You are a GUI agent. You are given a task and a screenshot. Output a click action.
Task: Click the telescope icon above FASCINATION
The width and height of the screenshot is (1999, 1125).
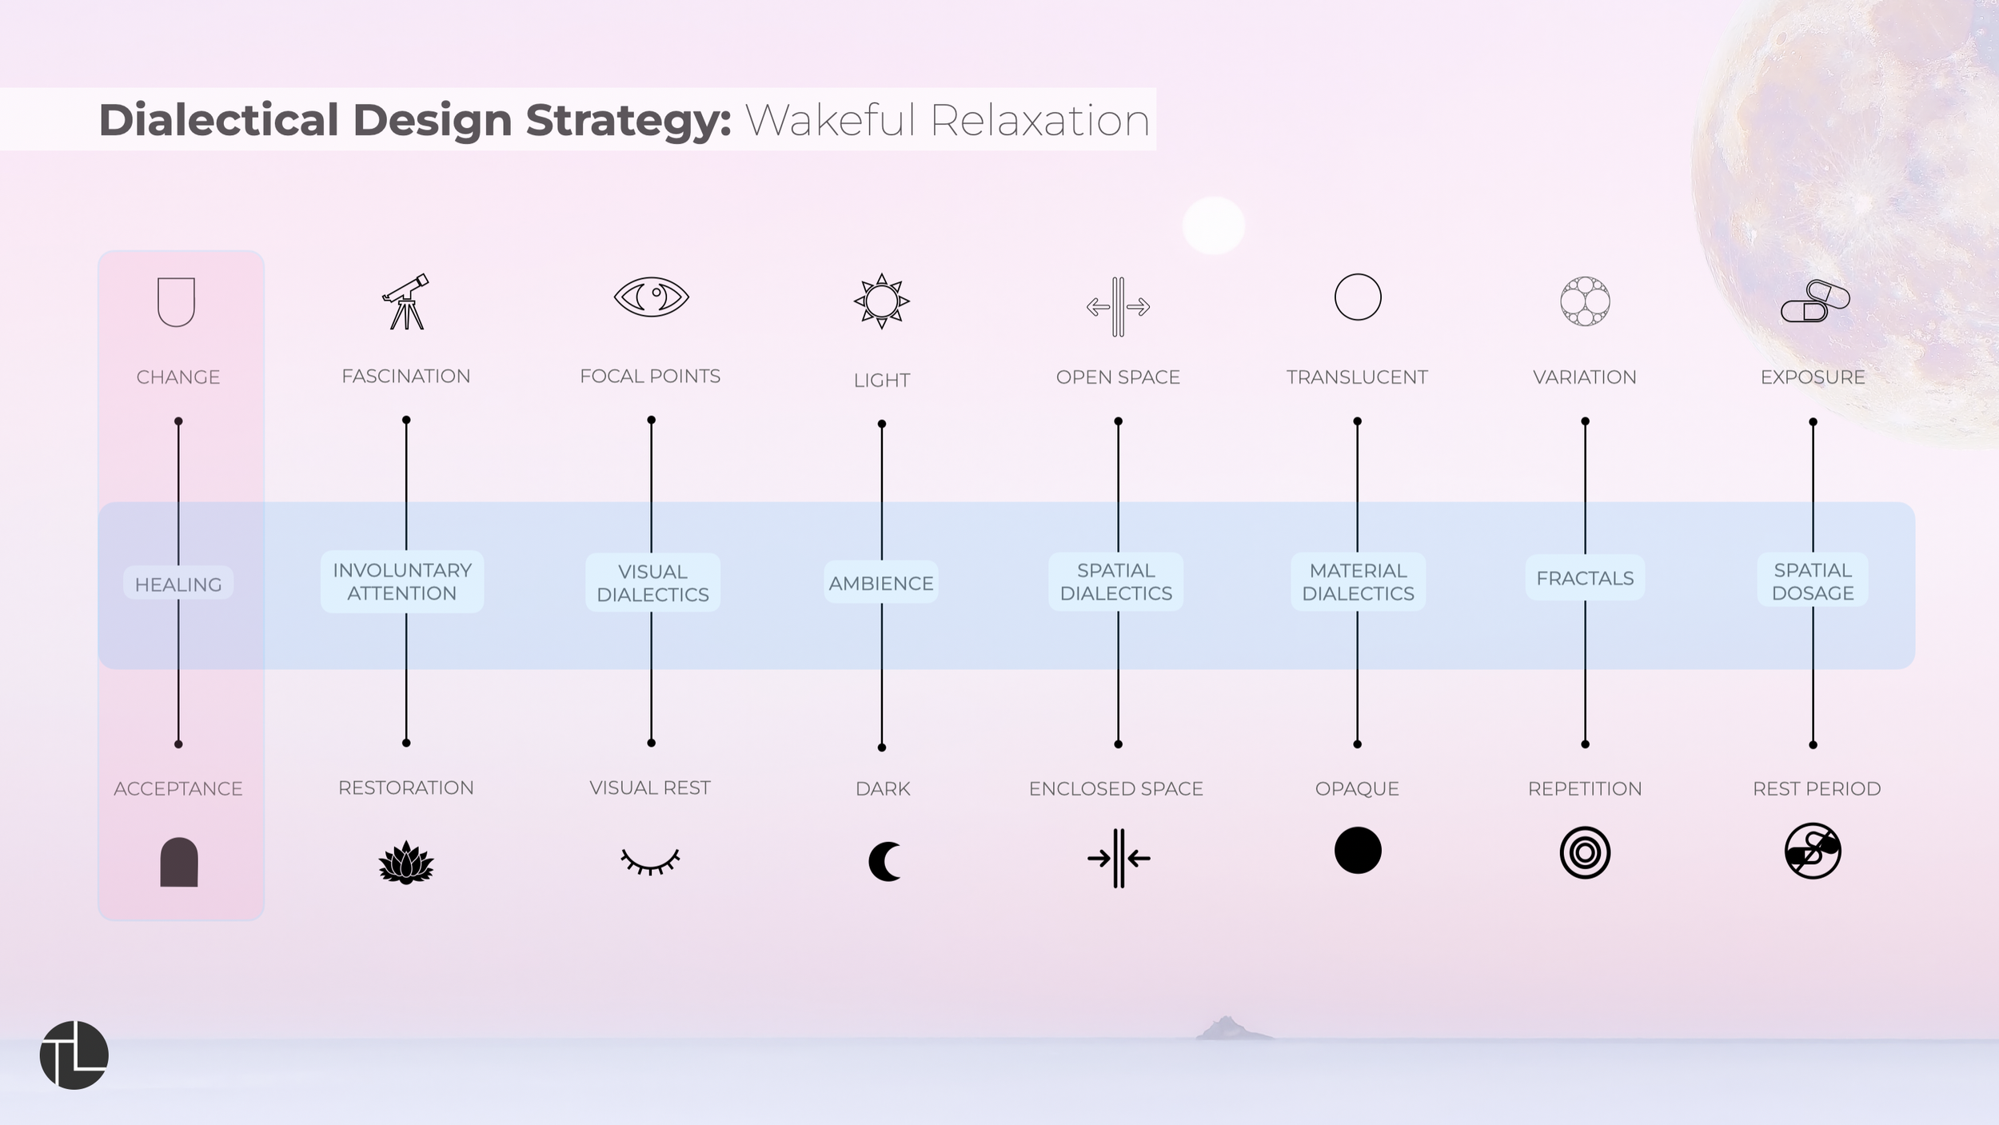click(x=406, y=301)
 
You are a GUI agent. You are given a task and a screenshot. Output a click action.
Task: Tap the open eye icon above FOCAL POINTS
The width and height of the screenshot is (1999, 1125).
click(x=651, y=297)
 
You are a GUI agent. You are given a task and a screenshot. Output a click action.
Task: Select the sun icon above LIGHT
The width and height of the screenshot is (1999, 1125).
click(x=881, y=301)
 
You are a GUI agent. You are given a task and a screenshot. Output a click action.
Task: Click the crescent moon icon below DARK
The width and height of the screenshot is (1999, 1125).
click(x=884, y=862)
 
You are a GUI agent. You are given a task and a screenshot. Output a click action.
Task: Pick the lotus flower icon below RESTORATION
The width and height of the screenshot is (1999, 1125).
click(x=406, y=863)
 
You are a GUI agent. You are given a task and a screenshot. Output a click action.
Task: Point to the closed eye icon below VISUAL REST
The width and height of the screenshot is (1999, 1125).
click(x=650, y=861)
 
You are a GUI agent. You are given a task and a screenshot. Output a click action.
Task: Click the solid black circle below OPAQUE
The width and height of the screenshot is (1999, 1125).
click(x=1358, y=850)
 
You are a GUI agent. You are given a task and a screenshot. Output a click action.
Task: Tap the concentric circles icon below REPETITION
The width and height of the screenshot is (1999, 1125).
click(x=1585, y=852)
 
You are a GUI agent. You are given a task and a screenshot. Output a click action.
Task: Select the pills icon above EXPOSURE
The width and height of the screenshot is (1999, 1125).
click(x=1815, y=301)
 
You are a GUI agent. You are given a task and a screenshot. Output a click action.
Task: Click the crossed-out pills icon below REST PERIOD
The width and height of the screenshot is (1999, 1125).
click(x=1813, y=851)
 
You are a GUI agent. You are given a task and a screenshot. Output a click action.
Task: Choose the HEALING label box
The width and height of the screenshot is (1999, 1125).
click(x=178, y=584)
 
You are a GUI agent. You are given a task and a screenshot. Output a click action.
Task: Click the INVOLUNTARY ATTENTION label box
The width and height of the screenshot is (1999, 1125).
click(x=402, y=581)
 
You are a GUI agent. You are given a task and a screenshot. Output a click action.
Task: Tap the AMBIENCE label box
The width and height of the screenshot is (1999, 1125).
click(x=881, y=583)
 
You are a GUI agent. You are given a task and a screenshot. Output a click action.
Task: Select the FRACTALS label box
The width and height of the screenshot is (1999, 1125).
click(x=1585, y=578)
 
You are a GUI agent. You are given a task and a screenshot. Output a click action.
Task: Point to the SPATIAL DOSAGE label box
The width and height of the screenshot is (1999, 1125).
click(x=1813, y=581)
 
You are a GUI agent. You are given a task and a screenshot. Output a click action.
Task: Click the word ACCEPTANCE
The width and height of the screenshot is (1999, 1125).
click(x=178, y=788)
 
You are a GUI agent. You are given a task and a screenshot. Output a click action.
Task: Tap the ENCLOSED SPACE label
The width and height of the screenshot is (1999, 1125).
click(x=1116, y=788)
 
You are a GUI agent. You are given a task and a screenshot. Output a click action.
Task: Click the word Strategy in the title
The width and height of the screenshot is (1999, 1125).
click(x=628, y=120)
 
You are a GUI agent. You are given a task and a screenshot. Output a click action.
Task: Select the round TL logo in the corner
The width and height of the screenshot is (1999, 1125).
click(x=74, y=1055)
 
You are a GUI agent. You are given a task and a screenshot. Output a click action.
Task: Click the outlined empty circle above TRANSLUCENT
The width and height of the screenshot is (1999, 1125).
click(x=1358, y=297)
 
